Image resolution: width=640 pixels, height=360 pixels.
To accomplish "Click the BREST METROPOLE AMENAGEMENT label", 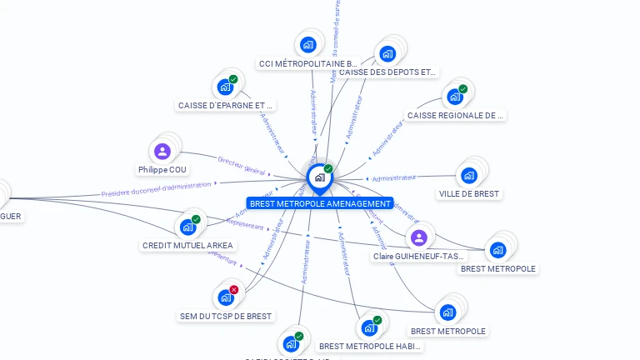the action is click(x=319, y=203).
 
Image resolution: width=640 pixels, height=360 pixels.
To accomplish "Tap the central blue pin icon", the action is click(x=319, y=177).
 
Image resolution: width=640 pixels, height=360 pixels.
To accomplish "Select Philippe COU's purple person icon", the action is click(x=162, y=152).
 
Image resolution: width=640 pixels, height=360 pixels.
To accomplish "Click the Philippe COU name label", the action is click(x=162, y=170).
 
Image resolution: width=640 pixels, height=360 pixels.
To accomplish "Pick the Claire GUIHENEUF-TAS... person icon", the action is click(x=418, y=238).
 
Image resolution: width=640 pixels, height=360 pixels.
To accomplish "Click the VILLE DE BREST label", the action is click(x=469, y=193).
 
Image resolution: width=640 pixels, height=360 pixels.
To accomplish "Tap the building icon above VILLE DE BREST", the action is click(x=468, y=176).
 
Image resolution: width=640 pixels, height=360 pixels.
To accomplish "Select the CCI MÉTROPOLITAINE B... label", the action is click(x=308, y=63).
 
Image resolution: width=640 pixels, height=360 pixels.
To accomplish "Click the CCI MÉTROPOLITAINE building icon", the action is click(x=308, y=44).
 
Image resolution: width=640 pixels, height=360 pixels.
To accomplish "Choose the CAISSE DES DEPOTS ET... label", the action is click(x=387, y=72).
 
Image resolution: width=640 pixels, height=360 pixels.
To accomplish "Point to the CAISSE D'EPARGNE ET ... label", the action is click(x=226, y=106).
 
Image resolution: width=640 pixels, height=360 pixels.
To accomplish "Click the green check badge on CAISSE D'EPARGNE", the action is click(x=233, y=79).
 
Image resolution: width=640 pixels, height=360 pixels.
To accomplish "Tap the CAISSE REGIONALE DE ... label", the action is click(x=456, y=116).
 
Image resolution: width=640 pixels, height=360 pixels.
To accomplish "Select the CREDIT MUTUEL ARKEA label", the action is click(x=188, y=246).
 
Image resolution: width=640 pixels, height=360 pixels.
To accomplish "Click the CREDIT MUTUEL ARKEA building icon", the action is click(x=187, y=227).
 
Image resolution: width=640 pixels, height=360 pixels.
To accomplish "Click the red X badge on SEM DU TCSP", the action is click(x=233, y=289).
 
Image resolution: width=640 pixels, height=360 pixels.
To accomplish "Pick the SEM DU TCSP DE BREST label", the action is click(x=226, y=317).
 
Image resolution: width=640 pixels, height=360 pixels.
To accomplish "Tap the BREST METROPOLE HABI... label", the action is click(x=370, y=346).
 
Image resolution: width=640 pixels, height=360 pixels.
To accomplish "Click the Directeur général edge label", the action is click(x=241, y=164).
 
